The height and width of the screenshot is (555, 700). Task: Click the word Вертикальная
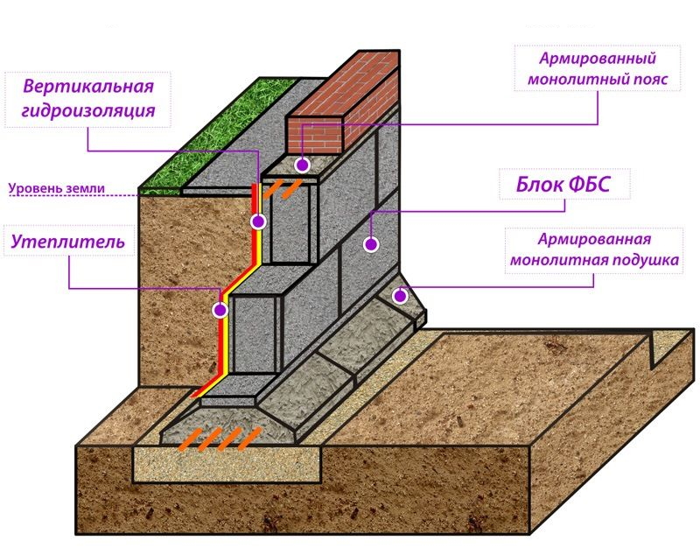(88, 86)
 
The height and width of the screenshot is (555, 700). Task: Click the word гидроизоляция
(88, 109)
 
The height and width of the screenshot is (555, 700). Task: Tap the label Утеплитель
(68, 242)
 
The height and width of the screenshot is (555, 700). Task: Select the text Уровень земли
(57, 188)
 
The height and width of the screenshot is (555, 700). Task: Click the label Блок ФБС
(563, 185)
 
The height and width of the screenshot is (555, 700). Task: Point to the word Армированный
(598, 59)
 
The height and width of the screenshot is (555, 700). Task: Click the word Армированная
(594, 239)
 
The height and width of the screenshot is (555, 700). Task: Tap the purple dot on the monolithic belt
(303, 165)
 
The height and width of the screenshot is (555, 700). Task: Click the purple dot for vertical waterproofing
(258, 221)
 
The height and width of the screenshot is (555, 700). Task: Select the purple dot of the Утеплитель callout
(220, 310)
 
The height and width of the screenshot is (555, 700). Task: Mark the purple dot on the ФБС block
(371, 244)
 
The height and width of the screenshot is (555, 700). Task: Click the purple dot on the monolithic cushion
(400, 296)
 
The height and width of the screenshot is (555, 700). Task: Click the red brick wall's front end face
(314, 136)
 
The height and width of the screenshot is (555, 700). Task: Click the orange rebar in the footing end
(220, 439)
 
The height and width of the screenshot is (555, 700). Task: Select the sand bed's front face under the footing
(227, 464)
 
